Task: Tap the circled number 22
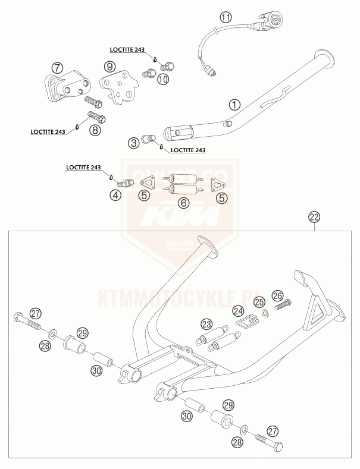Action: click(314, 217)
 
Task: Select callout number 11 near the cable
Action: click(225, 17)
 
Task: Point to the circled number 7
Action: click(57, 67)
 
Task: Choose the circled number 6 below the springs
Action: click(184, 203)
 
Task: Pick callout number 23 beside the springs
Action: click(206, 324)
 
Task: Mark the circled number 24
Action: click(237, 310)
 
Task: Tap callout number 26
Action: click(277, 295)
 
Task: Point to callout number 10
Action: click(163, 79)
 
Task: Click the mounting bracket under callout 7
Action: click(62, 89)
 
